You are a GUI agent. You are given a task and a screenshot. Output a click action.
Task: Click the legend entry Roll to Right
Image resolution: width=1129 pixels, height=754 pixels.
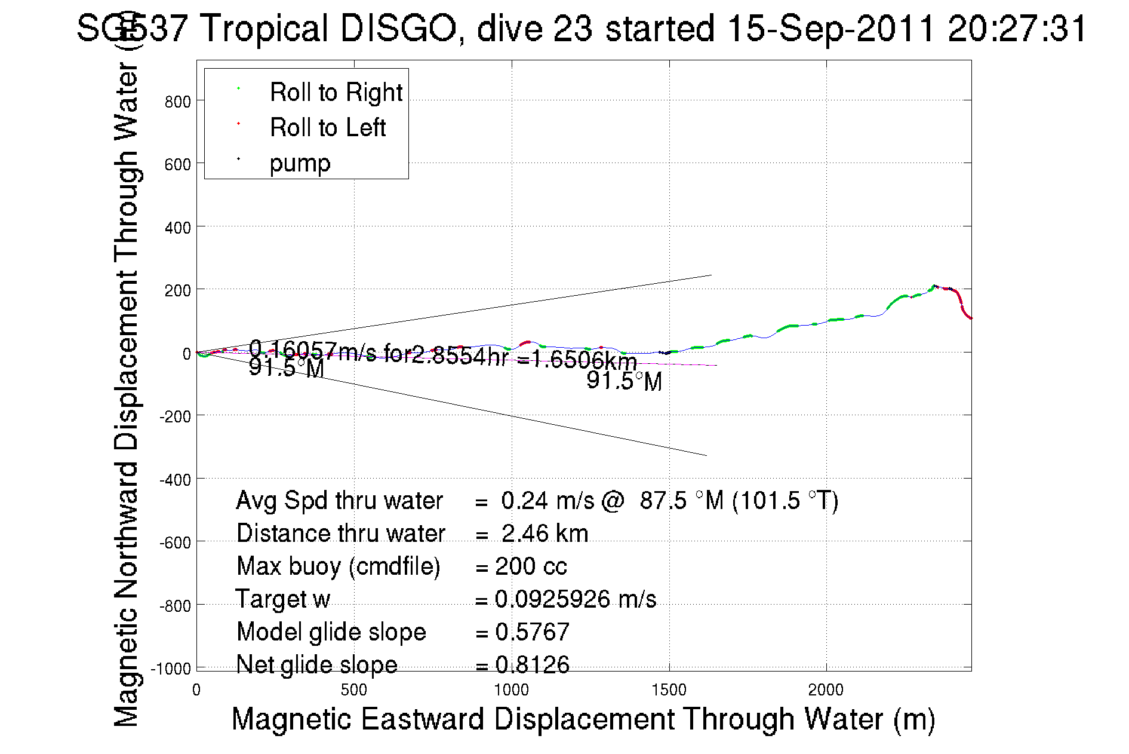(x=336, y=93)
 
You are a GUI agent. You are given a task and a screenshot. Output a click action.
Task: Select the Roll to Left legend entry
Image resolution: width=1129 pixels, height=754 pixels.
(x=327, y=128)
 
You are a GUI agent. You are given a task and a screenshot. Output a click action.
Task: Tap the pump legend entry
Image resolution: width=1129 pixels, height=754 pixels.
(x=300, y=163)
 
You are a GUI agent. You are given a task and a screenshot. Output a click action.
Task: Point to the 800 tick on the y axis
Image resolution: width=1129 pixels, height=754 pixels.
(x=177, y=102)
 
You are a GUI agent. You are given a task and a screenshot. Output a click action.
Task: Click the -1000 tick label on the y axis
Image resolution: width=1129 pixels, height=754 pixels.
(x=171, y=669)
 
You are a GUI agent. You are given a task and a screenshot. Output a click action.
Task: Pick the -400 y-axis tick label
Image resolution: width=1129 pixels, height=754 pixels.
(x=175, y=480)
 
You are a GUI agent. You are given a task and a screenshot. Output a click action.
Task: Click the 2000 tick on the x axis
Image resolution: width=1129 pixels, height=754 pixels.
(x=826, y=691)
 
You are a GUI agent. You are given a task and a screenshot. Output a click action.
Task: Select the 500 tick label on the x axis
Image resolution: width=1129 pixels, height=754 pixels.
(x=353, y=691)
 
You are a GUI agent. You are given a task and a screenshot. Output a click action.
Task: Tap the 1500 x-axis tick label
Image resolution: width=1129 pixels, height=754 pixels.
(x=669, y=691)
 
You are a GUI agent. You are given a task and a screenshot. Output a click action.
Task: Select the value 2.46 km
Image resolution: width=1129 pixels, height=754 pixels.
(x=544, y=534)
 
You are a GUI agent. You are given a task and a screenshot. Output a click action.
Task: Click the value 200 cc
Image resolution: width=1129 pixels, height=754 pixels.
(x=531, y=566)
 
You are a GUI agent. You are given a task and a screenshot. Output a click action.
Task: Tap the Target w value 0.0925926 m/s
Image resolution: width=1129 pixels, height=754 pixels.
(x=576, y=599)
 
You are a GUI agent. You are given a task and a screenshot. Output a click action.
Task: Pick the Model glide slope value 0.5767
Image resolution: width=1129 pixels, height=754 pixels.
(x=532, y=632)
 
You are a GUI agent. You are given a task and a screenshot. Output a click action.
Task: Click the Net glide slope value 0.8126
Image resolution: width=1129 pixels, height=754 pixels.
(x=532, y=664)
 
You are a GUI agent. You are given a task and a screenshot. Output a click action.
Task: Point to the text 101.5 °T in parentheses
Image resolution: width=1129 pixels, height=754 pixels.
(x=785, y=501)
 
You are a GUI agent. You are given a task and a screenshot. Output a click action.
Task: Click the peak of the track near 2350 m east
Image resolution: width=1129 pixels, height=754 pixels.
(x=934, y=286)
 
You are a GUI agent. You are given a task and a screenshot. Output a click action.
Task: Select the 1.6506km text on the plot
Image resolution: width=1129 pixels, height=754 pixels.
(x=584, y=360)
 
